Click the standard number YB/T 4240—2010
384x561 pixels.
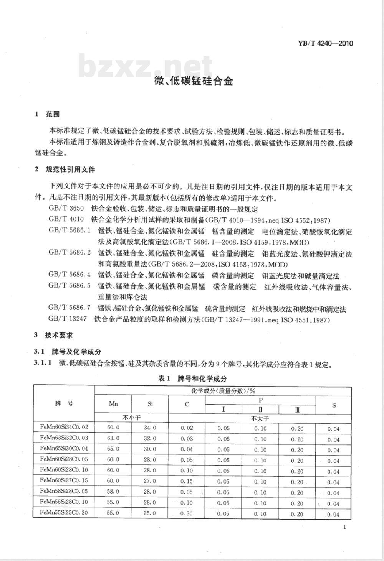coord(325,43)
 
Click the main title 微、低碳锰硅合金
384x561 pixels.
coord(194,81)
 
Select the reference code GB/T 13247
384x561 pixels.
coord(68,319)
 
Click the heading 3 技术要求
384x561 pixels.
coord(53,335)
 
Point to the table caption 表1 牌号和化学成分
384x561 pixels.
coord(192,378)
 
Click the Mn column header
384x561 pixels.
coord(113,404)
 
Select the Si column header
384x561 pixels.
coord(150,404)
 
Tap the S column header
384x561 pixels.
coord(333,405)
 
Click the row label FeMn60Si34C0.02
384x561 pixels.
coord(64,427)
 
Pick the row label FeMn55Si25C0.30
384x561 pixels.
coord(64,513)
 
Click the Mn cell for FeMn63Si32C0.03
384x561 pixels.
coord(113,438)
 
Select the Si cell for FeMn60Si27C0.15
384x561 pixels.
coord(150,481)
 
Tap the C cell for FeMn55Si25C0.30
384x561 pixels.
coord(187,513)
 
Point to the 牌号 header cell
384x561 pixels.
coord(64,404)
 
